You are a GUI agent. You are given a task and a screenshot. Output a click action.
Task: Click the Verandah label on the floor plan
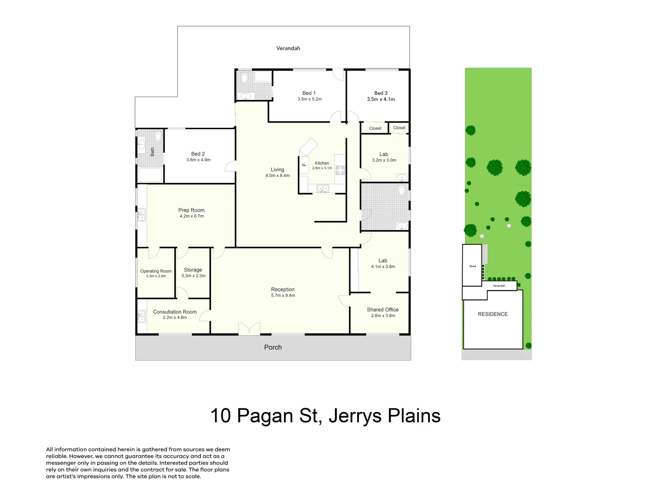point(288,48)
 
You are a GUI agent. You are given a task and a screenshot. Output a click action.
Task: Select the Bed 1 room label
point(309,93)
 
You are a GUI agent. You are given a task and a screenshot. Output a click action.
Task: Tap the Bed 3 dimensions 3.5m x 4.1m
point(381,100)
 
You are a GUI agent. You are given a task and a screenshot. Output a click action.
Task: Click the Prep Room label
point(191,210)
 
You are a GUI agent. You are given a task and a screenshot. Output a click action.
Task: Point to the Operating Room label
point(156,271)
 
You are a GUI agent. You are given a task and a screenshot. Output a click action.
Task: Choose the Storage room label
point(193,270)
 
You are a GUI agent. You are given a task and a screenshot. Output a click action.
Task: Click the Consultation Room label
point(175,312)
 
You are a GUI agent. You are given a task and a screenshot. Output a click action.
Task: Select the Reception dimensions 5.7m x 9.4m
point(283,295)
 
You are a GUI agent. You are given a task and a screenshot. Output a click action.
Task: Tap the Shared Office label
point(383,310)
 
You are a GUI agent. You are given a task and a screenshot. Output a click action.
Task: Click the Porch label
point(273,347)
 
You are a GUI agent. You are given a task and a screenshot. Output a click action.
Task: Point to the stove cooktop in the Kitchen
point(340,170)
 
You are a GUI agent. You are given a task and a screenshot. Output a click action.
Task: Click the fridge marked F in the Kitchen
point(304,164)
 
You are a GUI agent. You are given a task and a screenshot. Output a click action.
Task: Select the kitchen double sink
point(323,188)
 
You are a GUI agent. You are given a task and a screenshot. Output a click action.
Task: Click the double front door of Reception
point(249,329)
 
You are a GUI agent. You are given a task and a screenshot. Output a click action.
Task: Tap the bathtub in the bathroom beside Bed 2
point(150,175)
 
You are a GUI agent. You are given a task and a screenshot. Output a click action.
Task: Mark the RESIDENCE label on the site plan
point(493,314)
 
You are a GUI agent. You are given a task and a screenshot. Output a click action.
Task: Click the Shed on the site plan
point(472,266)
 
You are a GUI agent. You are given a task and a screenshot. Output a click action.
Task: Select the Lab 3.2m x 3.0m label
point(384,157)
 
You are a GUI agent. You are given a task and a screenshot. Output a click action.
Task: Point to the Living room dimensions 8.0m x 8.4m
point(277,176)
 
